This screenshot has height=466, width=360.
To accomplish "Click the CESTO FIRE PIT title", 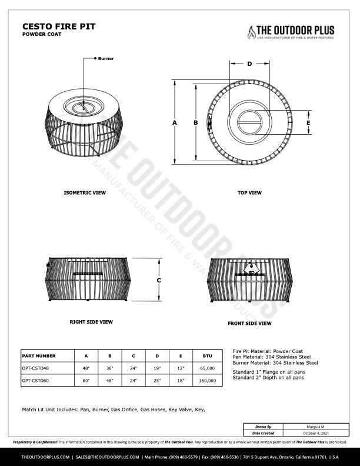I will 58,26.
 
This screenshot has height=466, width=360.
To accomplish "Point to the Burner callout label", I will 106,59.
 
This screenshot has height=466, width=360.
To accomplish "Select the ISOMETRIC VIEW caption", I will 85,192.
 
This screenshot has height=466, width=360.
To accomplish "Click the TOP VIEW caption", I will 249,192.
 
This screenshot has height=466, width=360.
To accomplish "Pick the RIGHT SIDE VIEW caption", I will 91,322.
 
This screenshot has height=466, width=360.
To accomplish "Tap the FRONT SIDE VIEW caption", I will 249,324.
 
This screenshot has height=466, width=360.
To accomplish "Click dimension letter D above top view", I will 249,64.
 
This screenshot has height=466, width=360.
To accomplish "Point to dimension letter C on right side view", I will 159,280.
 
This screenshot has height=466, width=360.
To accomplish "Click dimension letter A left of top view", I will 175,122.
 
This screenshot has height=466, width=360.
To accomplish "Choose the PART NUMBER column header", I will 39,356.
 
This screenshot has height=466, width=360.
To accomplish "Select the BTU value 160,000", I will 207,381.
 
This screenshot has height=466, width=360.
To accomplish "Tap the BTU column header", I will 207,356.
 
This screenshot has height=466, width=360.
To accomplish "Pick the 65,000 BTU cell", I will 207,368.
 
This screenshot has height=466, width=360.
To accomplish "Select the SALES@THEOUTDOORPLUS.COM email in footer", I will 108,457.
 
